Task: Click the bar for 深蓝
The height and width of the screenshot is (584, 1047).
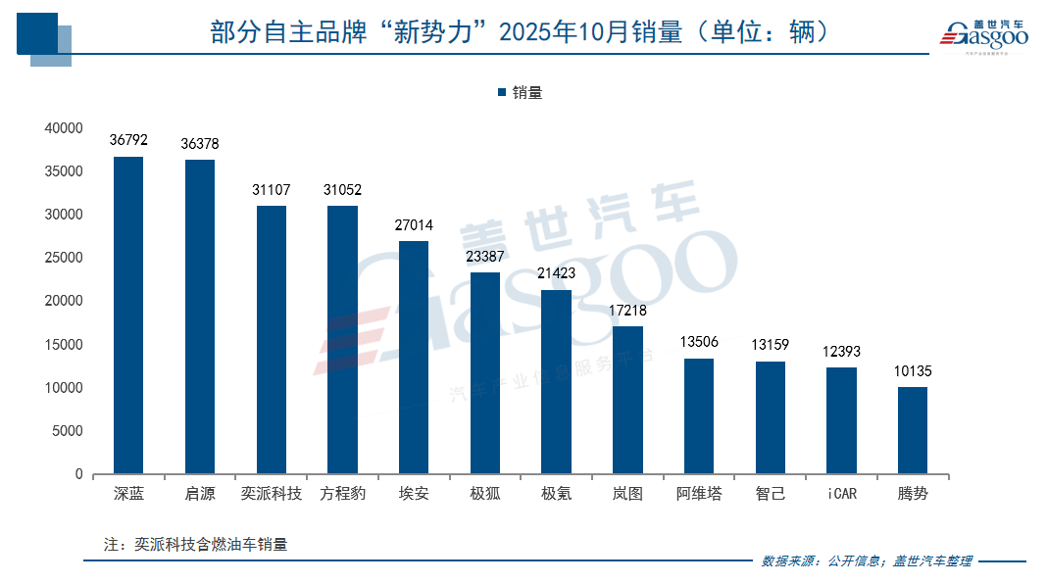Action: coord(128,316)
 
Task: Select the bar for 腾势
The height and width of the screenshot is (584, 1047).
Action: coord(912,430)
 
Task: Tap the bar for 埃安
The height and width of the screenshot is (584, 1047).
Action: coord(414,358)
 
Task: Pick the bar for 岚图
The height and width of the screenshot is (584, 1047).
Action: coord(627,400)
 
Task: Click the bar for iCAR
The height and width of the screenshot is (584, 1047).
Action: coord(841,420)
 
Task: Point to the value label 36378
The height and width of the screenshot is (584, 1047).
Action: coord(200,144)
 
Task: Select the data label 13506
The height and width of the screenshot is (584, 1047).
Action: coord(699,342)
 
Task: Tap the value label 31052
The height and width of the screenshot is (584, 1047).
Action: coord(342,190)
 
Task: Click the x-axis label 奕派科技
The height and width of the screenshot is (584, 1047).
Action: coord(272,494)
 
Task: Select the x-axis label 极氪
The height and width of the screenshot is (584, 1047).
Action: coord(556,494)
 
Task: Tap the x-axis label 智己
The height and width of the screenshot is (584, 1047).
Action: coord(770,494)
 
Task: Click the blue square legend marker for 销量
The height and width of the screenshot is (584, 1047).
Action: coord(502,93)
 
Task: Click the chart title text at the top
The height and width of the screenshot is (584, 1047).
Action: coord(520,32)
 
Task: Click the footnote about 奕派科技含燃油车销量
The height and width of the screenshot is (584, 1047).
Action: coord(195,544)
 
